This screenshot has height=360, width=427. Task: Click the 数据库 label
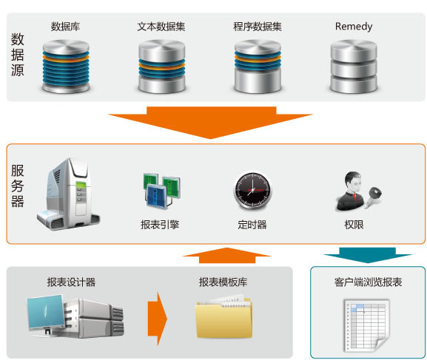65,27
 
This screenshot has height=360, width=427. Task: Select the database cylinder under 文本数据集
162,67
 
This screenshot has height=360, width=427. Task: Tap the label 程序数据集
258,27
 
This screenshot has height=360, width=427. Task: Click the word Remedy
354,27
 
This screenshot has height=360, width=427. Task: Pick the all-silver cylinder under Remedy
354,67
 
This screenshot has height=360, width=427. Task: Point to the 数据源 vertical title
18,55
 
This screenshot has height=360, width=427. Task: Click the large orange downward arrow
210,122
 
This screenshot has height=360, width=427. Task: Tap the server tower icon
68,194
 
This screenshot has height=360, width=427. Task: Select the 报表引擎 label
160,225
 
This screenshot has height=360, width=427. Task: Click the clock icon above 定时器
252,191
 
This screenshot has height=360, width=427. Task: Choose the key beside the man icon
374,197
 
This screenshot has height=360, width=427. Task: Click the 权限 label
354,225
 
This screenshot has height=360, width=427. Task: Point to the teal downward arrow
368,255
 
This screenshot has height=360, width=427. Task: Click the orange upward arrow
227,255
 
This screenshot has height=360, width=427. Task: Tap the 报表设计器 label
71,282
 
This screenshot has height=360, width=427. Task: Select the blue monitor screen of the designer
46,312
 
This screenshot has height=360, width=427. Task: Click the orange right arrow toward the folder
157,319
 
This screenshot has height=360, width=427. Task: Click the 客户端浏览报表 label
368,282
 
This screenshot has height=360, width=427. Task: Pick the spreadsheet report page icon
367,325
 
